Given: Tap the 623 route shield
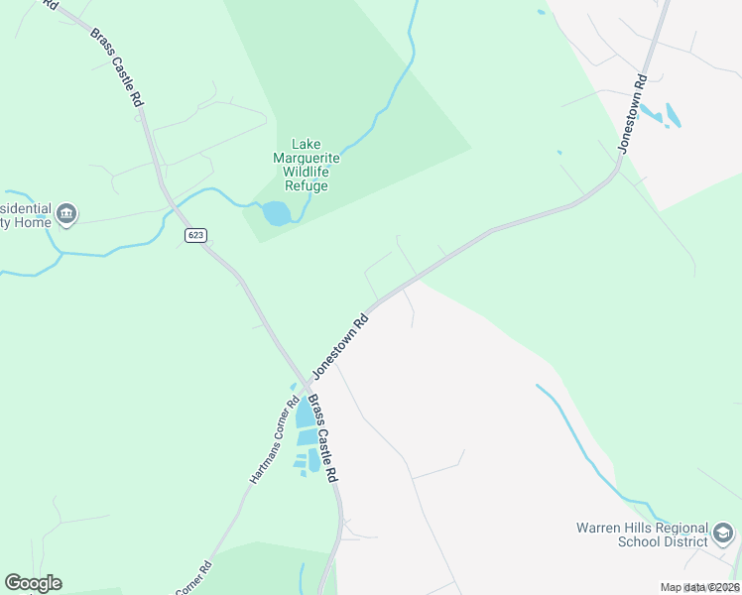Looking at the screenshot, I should point(195,234).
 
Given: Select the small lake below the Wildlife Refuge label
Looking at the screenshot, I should point(276,212).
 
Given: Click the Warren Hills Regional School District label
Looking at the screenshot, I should point(643,535).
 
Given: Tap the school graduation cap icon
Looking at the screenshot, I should point(724,535).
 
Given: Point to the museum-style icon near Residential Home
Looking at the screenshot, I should point(66,213).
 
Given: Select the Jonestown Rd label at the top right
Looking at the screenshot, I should point(632,113).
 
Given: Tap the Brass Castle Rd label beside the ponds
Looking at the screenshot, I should point(323,439).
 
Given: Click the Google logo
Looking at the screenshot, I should point(33,583).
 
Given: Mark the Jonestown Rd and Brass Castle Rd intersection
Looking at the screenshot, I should point(307,382).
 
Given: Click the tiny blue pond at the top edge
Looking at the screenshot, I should point(541,13).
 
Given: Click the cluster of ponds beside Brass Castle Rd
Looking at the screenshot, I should point(307,436).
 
